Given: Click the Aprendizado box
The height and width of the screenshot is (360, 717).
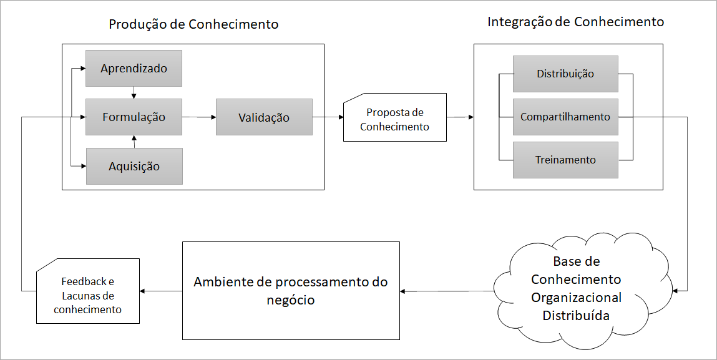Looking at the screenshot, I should tap(134, 68).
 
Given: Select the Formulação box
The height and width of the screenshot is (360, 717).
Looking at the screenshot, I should tap(134, 117).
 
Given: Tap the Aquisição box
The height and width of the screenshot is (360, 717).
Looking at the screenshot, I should tap(134, 166).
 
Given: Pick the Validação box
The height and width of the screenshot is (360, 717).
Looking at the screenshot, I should tap(264, 117).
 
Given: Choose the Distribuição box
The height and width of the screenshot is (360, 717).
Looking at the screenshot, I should tap(565, 74).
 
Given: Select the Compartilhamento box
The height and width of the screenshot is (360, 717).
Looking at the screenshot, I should tap(565, 117).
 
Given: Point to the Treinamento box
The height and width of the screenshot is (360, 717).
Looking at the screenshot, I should tap(565, 160).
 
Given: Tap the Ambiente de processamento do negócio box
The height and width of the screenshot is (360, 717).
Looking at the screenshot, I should tap(291, 291).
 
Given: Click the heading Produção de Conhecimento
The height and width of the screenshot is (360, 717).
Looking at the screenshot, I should tap(193, 24).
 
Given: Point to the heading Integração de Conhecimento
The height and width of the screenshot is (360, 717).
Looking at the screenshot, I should tap(575, 21).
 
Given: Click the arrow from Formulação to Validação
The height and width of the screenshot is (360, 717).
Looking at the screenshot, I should tap(199, 117).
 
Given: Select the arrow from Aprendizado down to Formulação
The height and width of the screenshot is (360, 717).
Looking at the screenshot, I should tap(134, 92).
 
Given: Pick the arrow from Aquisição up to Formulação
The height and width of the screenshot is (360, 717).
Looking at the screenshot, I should tap(134, 142).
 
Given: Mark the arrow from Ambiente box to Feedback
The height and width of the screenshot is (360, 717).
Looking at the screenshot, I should tap(161, 291).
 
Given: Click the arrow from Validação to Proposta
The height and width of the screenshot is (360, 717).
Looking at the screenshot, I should tap(328, 117).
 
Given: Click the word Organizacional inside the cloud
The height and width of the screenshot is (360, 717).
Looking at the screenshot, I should tap(576, 297).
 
